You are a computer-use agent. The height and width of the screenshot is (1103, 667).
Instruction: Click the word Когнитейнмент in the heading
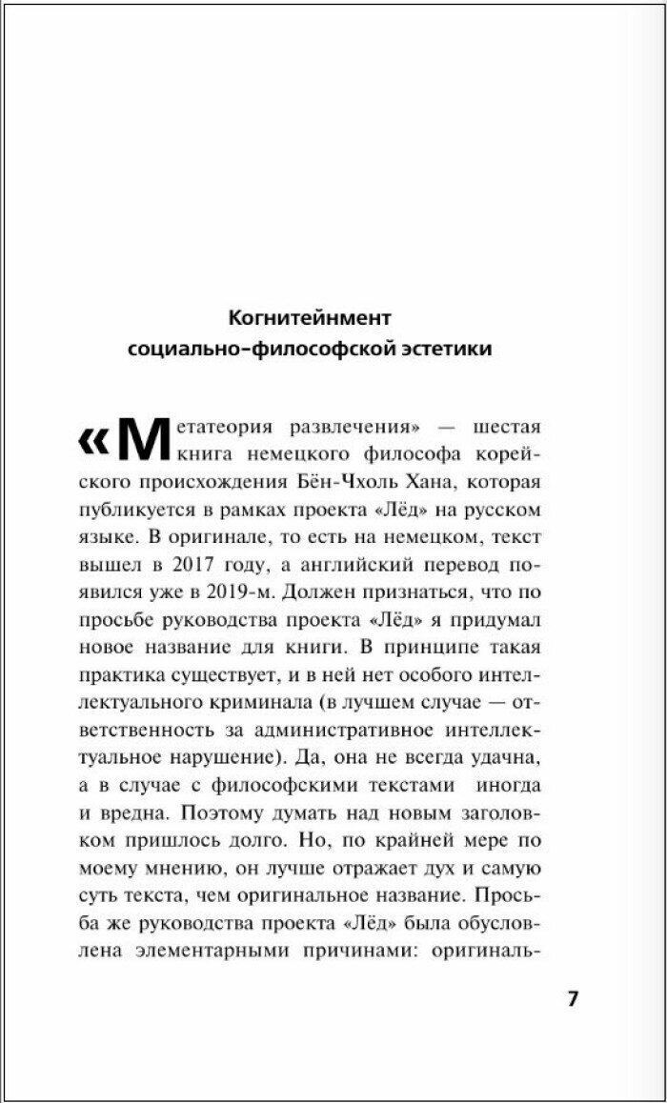(x=310, y=316)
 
